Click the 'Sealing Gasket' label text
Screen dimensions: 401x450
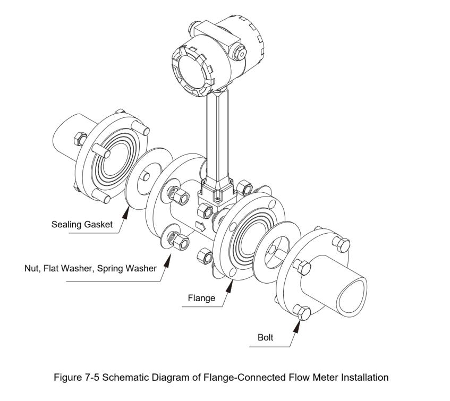(82, 224)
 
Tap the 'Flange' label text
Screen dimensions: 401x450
(201, 298)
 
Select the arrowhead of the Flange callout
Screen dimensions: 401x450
(229, 286)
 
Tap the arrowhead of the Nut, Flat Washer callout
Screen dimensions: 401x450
(169, 259)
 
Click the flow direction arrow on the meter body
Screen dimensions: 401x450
(201, 225)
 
